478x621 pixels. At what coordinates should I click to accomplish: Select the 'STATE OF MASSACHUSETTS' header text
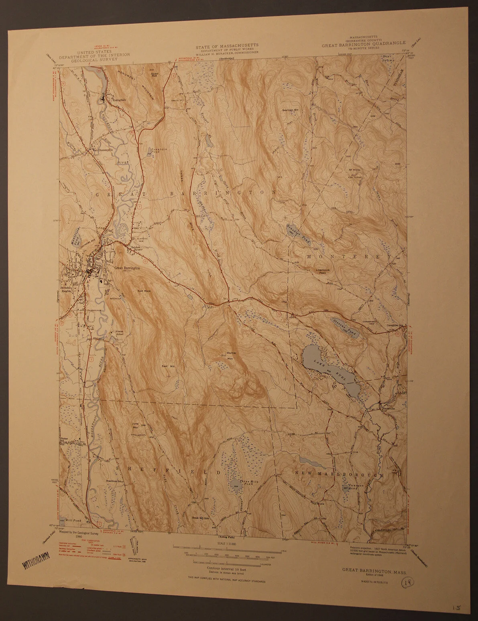(x=227, y=47)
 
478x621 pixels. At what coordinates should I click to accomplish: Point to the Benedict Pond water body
(x=299, y=232)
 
